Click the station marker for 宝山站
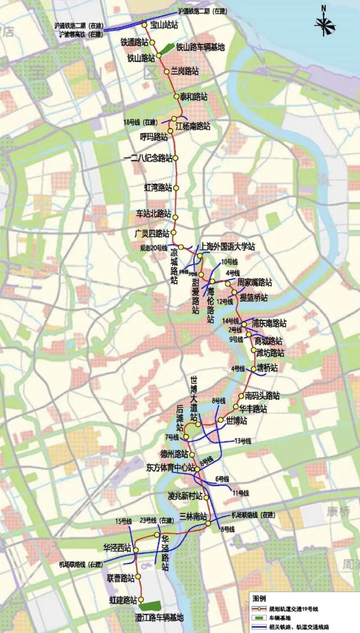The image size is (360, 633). (144, 25)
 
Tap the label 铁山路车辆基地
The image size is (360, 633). (200, 47)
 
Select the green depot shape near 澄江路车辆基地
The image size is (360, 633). (150, 605)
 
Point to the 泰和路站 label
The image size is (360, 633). (193, 97)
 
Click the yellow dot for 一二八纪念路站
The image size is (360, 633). (175, 158)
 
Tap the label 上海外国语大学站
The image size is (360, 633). (227, 247)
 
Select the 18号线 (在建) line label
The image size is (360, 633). (140, 122)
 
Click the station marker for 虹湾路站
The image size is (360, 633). (176, 188)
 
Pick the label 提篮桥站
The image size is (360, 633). (253, 298)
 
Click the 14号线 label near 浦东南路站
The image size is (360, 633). (230, 321)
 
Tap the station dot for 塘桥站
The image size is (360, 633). (254, 369)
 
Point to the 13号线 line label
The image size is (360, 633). (243, 441)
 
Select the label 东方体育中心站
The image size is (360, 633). (171, 468)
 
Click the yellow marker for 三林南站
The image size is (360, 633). (208, 523)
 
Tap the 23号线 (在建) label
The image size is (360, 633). (157, 520)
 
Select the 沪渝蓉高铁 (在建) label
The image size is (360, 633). (81, 34)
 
